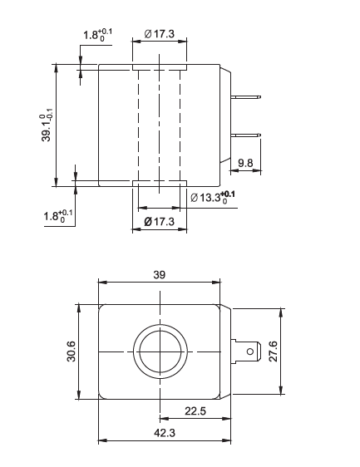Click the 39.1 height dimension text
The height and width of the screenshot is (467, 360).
coord(47,125)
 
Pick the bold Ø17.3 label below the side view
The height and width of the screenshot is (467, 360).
coord(159,221)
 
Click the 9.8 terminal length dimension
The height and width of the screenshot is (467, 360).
coord(245,164)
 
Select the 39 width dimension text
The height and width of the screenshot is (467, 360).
coord(160,273)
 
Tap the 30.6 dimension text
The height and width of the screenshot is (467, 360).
coord(72,353)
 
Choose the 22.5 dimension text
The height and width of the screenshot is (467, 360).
coord(195,411)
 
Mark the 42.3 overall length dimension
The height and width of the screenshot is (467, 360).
coord(165,432)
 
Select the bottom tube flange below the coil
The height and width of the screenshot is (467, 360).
coord(159,183)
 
